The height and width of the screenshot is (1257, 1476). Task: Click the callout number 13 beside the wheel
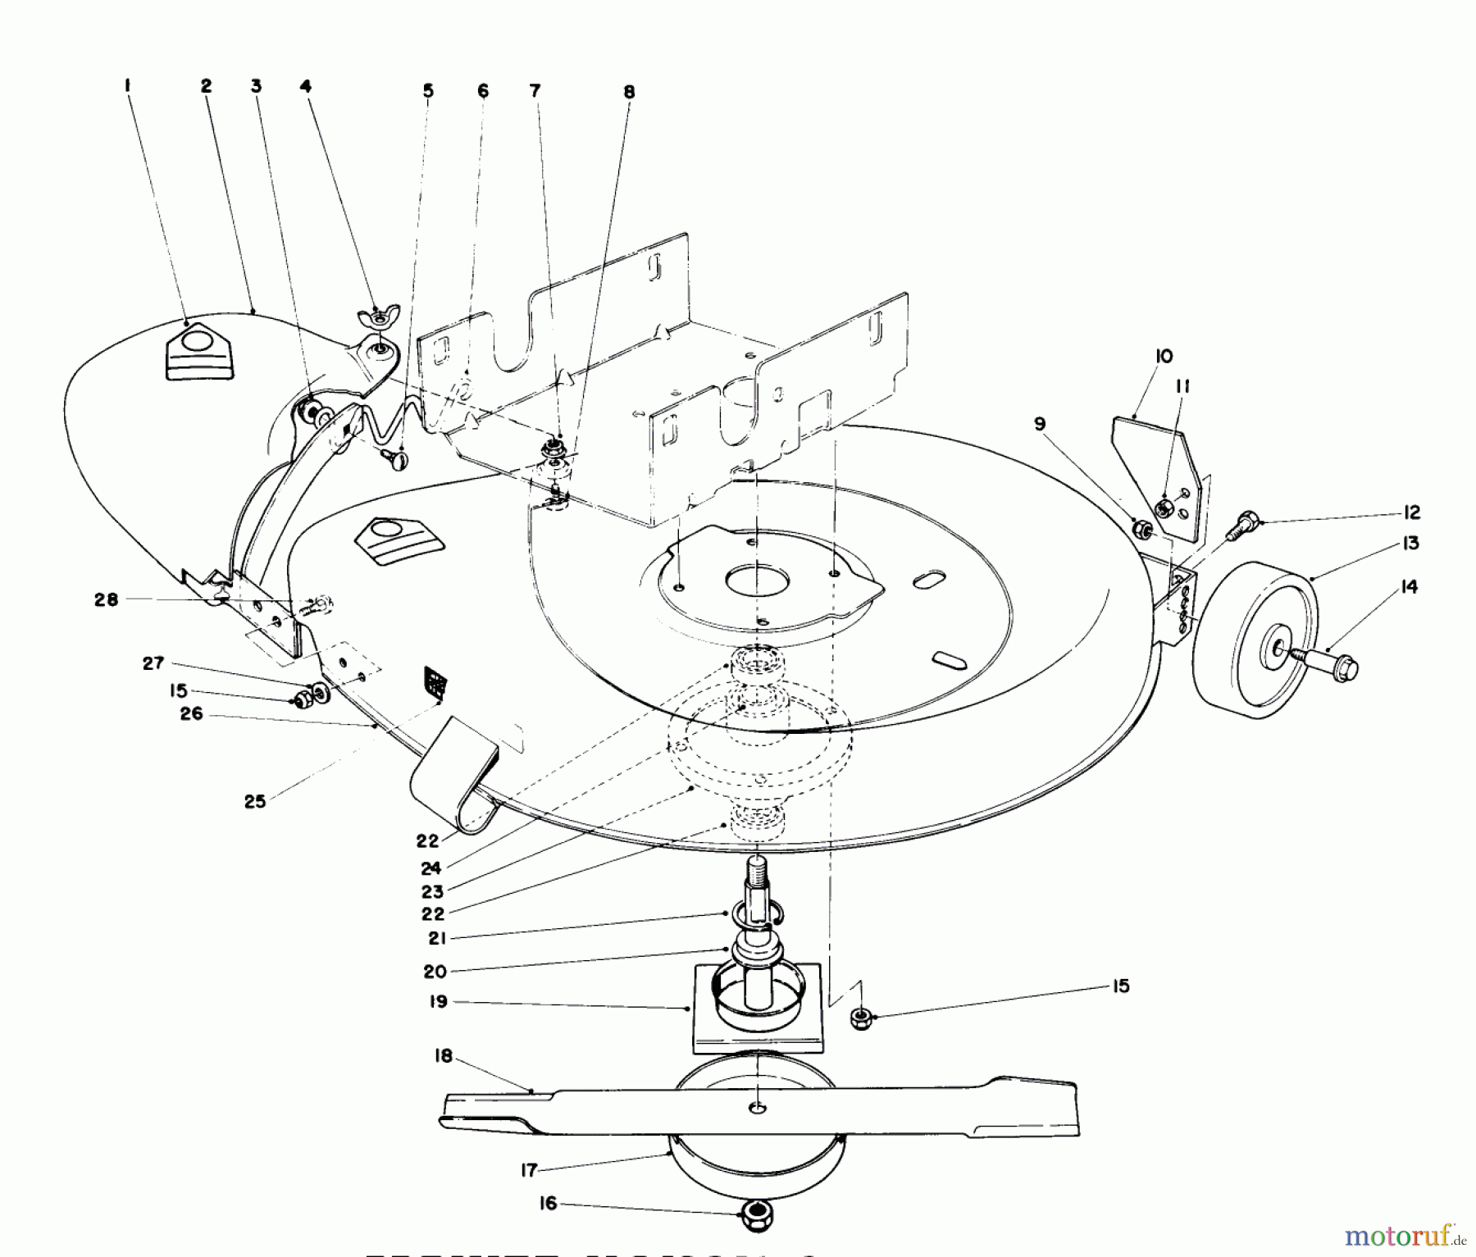pos(1410,544)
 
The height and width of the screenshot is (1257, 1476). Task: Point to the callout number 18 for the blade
pos(444,1057)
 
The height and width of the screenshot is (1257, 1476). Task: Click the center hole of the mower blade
pos(758,1108)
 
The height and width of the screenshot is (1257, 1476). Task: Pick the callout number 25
pos(255,801)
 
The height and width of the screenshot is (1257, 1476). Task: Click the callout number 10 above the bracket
pos(1164,356)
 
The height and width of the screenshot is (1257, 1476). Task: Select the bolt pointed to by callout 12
pos(1245,522)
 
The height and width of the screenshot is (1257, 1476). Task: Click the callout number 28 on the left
pos(107,599)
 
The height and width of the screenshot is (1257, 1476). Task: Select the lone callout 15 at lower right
pos(1120,986)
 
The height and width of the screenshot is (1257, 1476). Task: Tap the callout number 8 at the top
pos(629,92)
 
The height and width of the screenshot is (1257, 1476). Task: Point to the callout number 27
pos(153,663)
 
